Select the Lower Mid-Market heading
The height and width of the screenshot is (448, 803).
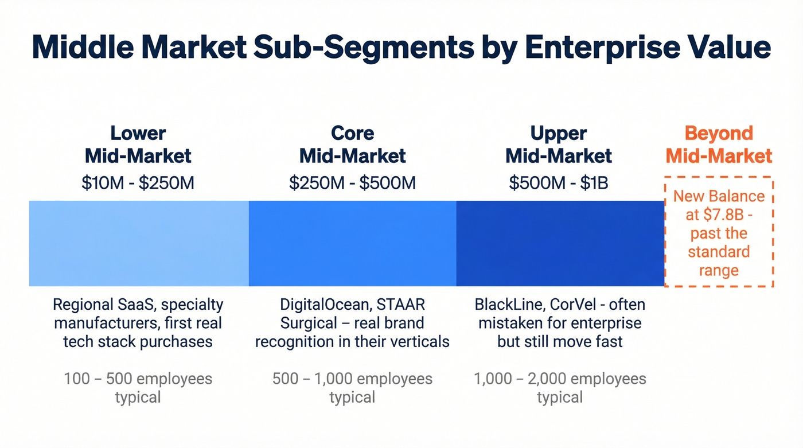[x=138, y=144]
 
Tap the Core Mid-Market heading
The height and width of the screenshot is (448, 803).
[x=352, y=144]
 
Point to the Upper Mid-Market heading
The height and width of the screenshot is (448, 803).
[x=559, y=144]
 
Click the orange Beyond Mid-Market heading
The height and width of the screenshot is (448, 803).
[x=719, y=144]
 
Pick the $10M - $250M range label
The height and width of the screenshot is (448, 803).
[x=138, y=182]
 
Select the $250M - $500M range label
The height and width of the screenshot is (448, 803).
[x=352, y=182]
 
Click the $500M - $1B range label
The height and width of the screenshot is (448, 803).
[x=559, y=182]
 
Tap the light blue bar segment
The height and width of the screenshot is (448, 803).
[x=139, y=243]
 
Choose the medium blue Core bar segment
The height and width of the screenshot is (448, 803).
[x=352, y=243]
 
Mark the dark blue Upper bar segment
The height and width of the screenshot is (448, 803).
[x=560, y=243]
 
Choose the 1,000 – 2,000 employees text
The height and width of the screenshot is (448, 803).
[x=560, y=379]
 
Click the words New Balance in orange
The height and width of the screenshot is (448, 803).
[x=719, y=196]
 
